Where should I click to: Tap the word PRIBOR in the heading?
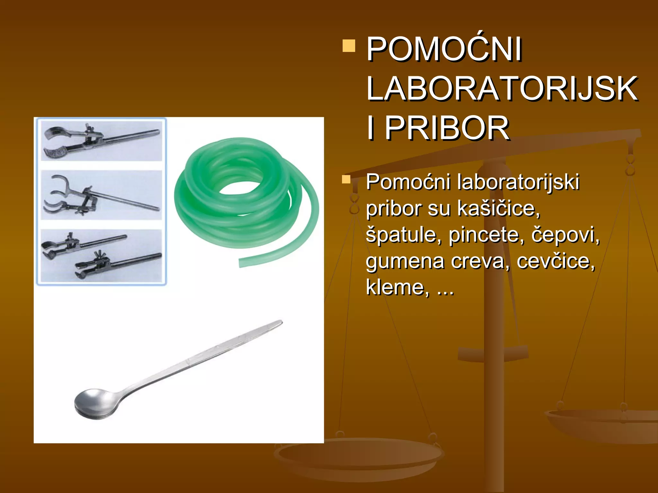pos(447,128)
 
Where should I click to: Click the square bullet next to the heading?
pos(349,46)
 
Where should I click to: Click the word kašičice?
pos(498,209)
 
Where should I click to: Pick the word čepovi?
pos(565,235)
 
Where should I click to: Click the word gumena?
pos(405,261)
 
